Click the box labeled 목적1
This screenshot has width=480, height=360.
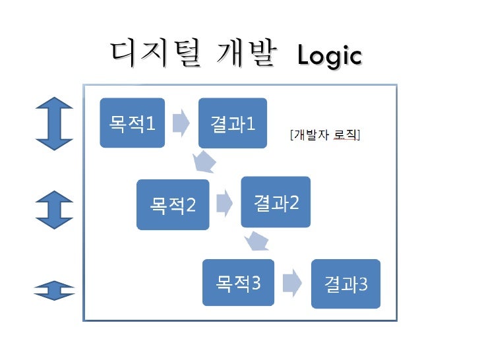coord(132,123)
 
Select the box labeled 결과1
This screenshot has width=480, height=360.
coord(233,123)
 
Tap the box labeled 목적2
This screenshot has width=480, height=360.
coord(173,204)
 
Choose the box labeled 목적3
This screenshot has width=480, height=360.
coord(238,283)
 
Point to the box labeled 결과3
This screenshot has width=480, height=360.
coord(345,284)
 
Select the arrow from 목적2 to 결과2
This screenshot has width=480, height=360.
coord(224,203)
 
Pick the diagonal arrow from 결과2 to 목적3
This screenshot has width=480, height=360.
coord(258,242)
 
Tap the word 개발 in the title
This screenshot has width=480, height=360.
coord(245,53)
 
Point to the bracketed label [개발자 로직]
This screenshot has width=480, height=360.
coord(324,136)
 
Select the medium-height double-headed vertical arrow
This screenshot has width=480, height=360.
coord(54,210)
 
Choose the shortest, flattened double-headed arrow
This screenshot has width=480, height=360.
coord(54,290)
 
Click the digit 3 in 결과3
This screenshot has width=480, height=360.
coord(363,285)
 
